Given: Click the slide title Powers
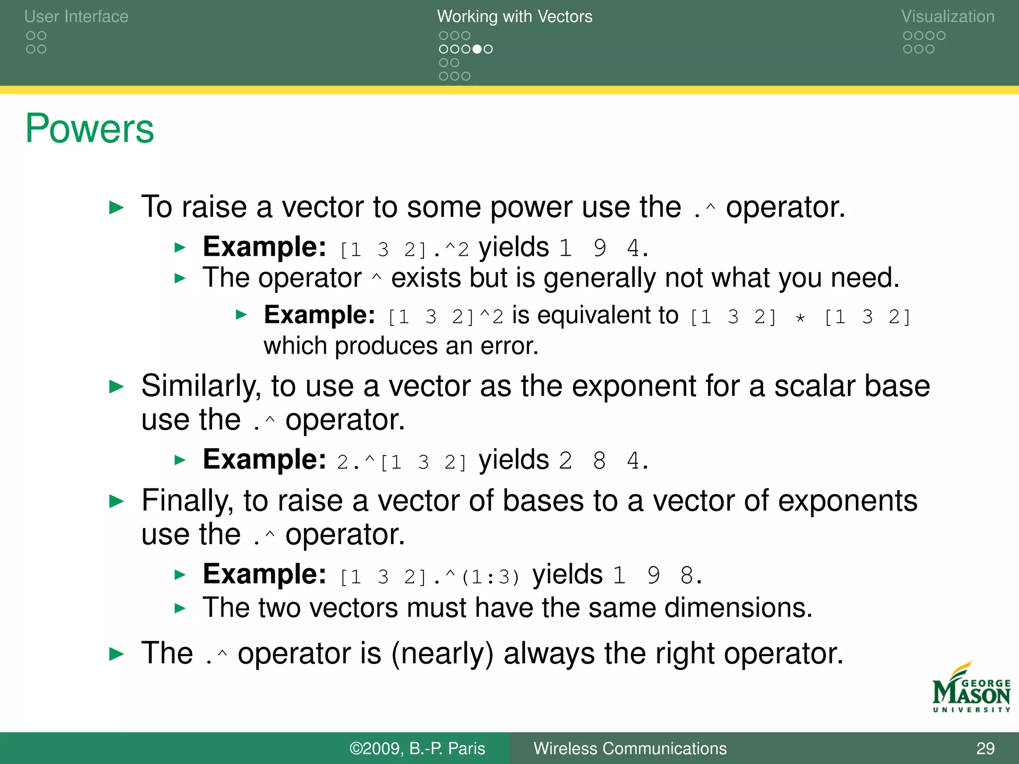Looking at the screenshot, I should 90,128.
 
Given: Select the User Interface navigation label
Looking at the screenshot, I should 76,16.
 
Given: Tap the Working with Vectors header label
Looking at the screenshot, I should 514,16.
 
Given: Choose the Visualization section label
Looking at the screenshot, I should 947,16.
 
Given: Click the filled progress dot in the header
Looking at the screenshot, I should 477,49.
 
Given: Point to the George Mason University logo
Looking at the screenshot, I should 971,689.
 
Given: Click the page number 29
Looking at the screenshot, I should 985,748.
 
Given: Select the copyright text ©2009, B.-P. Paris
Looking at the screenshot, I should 417,748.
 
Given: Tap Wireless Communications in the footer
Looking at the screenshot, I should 630,748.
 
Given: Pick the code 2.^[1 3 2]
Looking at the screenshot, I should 401,462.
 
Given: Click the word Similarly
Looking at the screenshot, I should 201,386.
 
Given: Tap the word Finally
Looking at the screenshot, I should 187,500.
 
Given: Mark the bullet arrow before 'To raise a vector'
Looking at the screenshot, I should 116,207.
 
